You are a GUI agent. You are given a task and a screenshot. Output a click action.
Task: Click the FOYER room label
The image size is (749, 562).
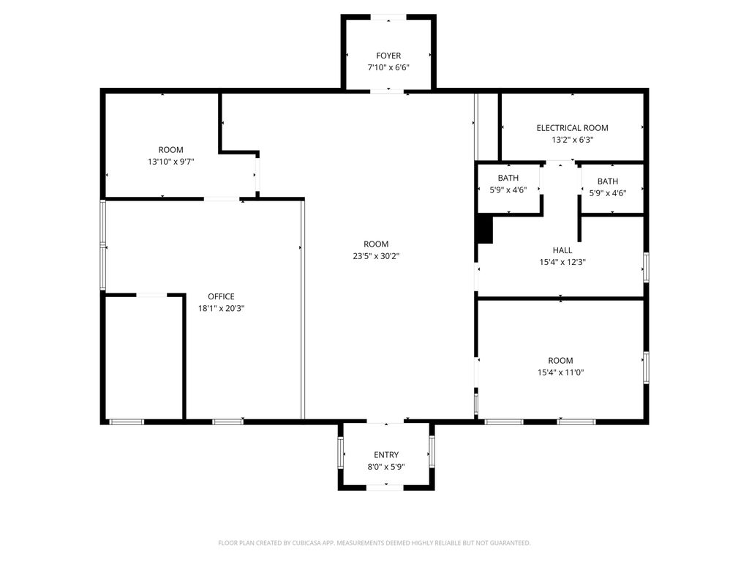[388, 56]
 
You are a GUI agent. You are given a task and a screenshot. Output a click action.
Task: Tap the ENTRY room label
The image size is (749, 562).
[386, 454]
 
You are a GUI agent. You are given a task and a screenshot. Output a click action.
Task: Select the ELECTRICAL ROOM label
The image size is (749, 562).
[572, 128]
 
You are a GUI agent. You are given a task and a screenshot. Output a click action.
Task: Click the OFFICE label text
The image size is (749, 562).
[221, 296]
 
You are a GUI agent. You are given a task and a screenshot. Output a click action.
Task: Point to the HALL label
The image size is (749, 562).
[562, 250]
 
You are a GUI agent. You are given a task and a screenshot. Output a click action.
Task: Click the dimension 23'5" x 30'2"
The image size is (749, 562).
[376, 256]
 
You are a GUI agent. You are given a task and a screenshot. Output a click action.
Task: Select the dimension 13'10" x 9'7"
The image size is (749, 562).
[171, 162]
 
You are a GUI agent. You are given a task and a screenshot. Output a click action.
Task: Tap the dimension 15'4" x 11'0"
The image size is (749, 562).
[560, 372]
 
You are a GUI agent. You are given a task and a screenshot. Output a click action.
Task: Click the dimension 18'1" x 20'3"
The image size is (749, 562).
[221, 308]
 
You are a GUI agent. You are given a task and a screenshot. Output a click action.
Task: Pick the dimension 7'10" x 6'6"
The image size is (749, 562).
[388, 67]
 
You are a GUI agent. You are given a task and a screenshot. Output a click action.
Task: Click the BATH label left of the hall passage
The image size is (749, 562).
[508, 179]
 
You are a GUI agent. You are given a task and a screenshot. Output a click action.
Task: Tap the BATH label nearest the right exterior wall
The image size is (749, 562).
[607, 181]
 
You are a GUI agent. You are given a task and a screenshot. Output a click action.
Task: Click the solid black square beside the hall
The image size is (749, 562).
[485, 230]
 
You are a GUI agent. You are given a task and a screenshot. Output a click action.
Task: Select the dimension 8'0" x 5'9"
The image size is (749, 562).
[386, 466]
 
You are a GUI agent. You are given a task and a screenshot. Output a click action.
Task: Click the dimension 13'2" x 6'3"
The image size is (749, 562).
[572, 140]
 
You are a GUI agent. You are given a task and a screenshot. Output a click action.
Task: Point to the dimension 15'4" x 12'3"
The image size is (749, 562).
[562, 261]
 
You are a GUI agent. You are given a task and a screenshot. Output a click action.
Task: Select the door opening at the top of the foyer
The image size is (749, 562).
[388, 16]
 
